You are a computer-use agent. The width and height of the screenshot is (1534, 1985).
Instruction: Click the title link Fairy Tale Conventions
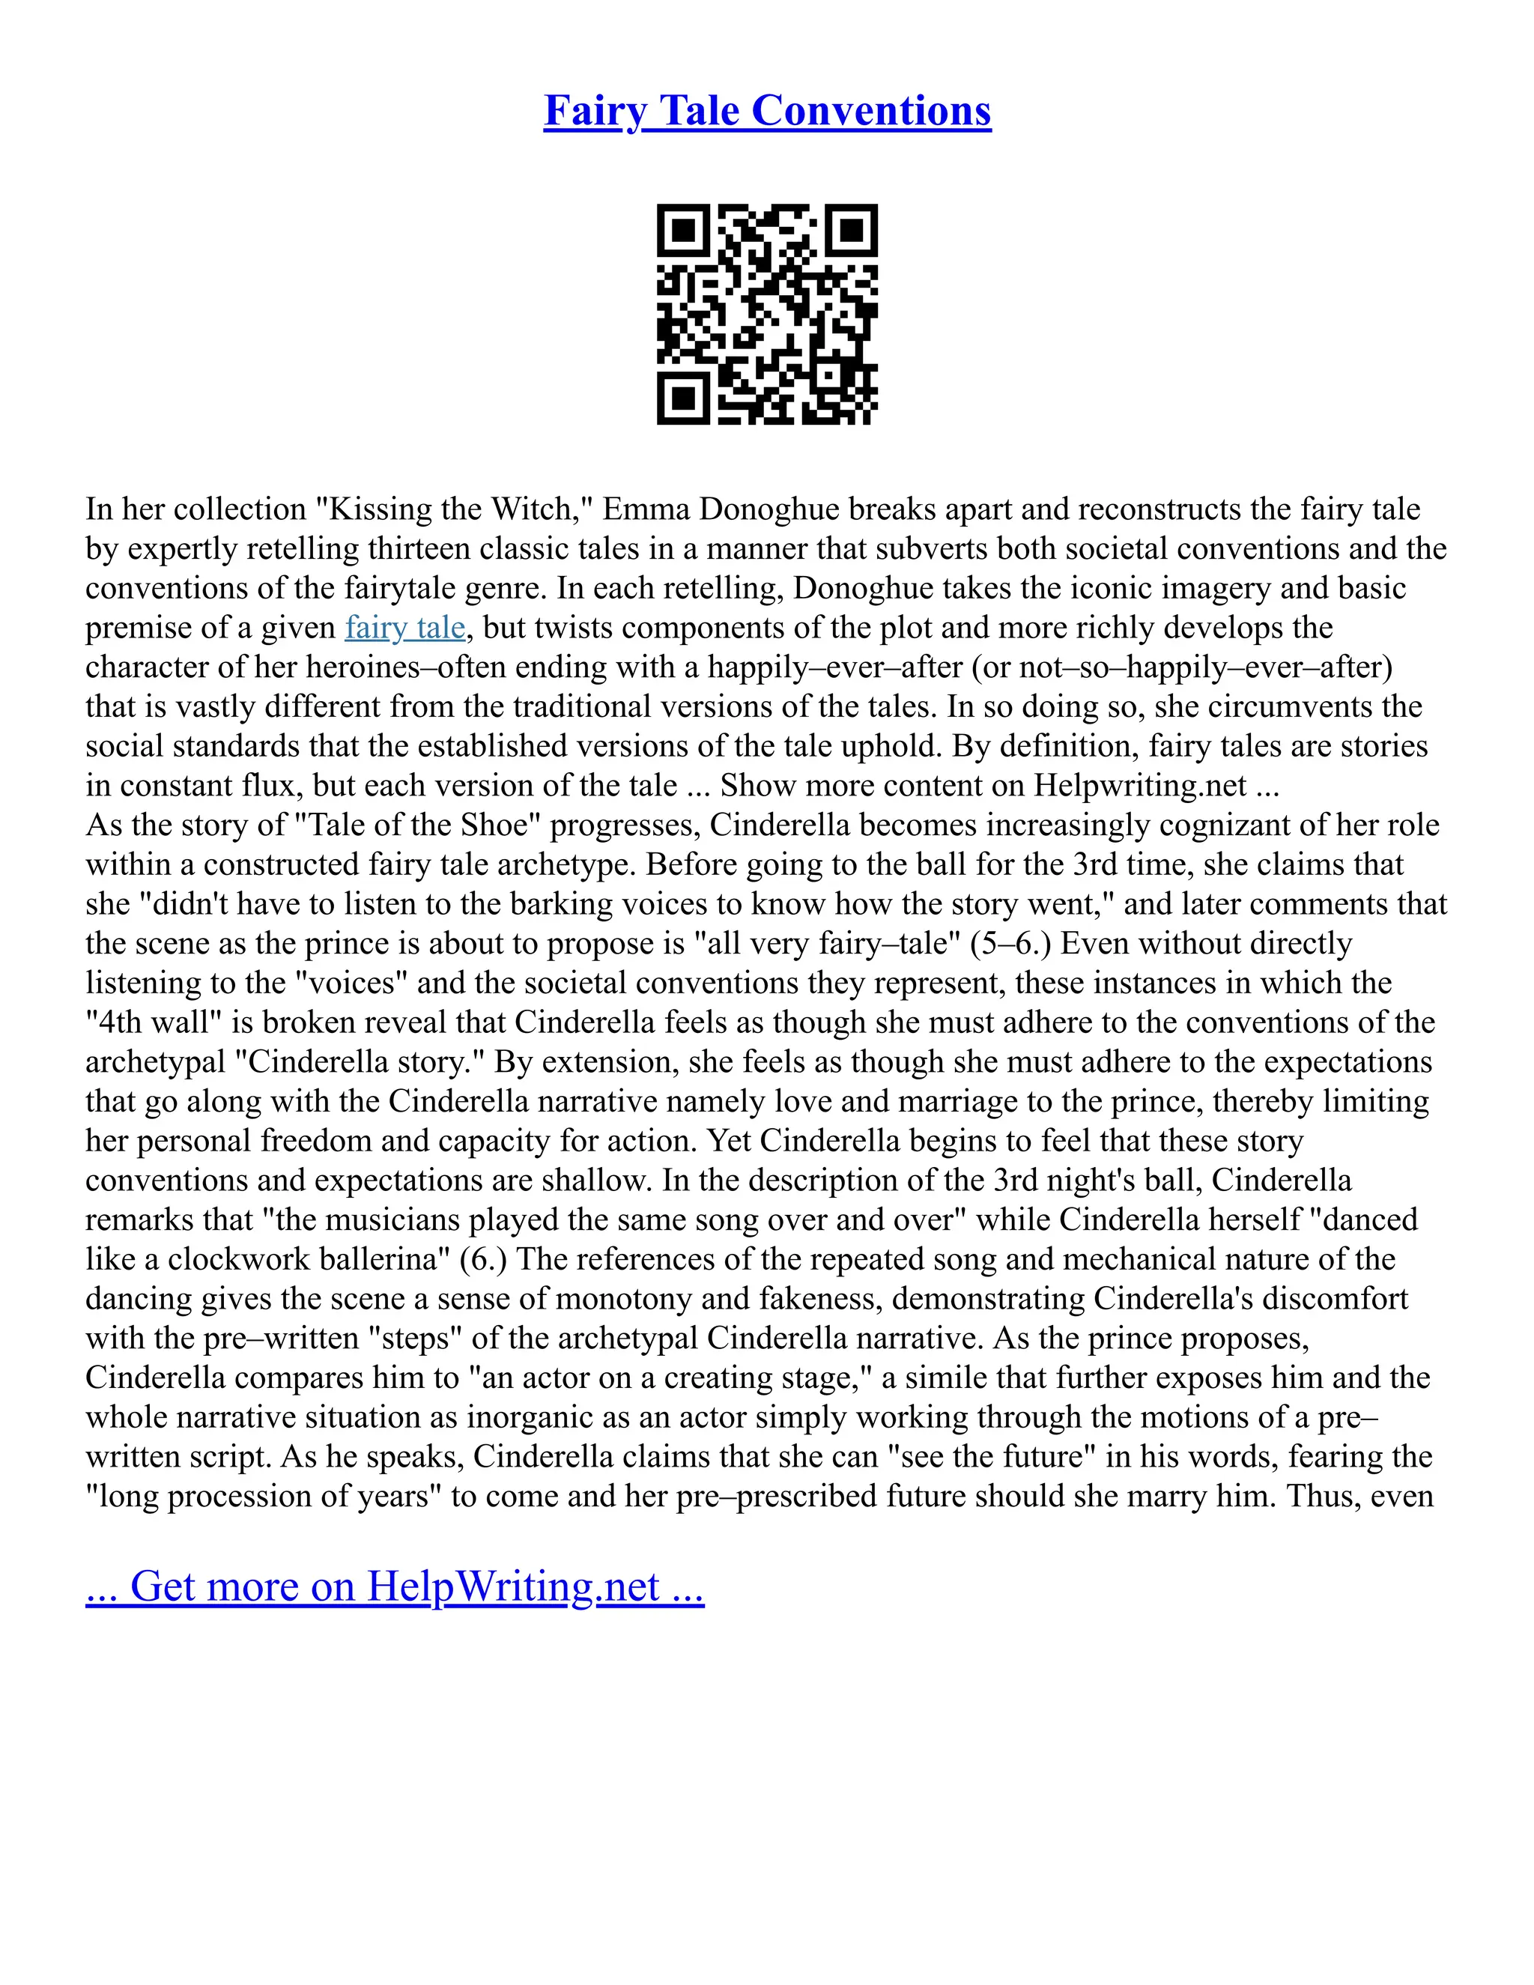(x=767, y=111)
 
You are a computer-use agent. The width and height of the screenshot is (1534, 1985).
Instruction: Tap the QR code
(x=767, y=314)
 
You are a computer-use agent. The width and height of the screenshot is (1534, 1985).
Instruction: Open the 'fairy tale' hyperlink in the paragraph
(x=404, y=627)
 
